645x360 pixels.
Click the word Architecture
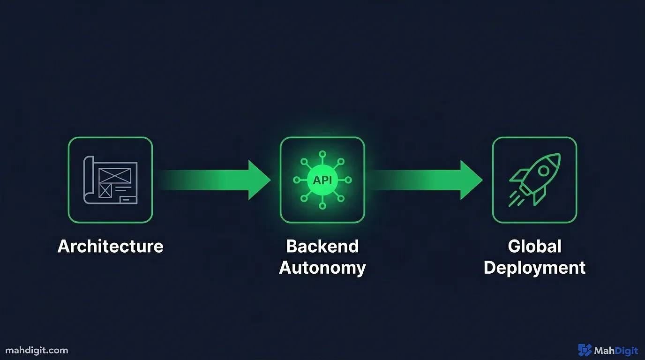[x=111, y=247]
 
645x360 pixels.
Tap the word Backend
[x=322, y=247]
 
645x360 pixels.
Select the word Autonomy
[x=322, y=268]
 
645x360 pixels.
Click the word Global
[x=534, y=247]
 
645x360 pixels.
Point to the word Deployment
[x=534, y=268]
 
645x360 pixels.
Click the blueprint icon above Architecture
[x=111, y=180]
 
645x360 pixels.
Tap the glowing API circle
[x=322, y=180]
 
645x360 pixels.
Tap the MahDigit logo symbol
[x=585, y=350]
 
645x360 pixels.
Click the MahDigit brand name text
[x=616, y=351]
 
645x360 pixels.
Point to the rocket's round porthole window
[x=544, y=171]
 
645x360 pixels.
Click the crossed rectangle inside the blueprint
[x=114, y=175]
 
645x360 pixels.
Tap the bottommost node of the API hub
[x=322, y=205]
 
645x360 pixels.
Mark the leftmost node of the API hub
[x=297, y=180]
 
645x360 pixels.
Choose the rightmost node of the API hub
[x=348, y=180]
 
